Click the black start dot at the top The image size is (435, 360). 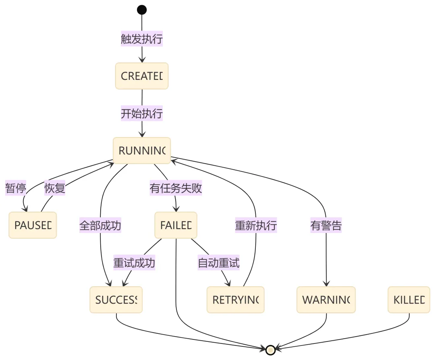(142, 10)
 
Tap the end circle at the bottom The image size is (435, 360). (271, 350)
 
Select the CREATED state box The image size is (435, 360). (142, 76)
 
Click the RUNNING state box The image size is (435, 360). (142, 151)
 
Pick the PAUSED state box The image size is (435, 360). (33, 225)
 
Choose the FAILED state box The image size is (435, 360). (176, 225)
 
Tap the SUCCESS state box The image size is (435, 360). (116, 300)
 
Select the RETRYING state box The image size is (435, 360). (236, 300)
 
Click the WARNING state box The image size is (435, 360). (326, 300)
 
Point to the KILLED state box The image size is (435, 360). (409, 300)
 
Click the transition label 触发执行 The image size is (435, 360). (142, 39)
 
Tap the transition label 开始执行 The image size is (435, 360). (142, 114)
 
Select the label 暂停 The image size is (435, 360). (15, 188)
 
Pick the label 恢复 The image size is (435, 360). (55, 188)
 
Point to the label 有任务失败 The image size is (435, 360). (176, 188)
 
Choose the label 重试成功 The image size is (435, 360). (134, 263)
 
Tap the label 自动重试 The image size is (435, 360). (219, 263)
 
